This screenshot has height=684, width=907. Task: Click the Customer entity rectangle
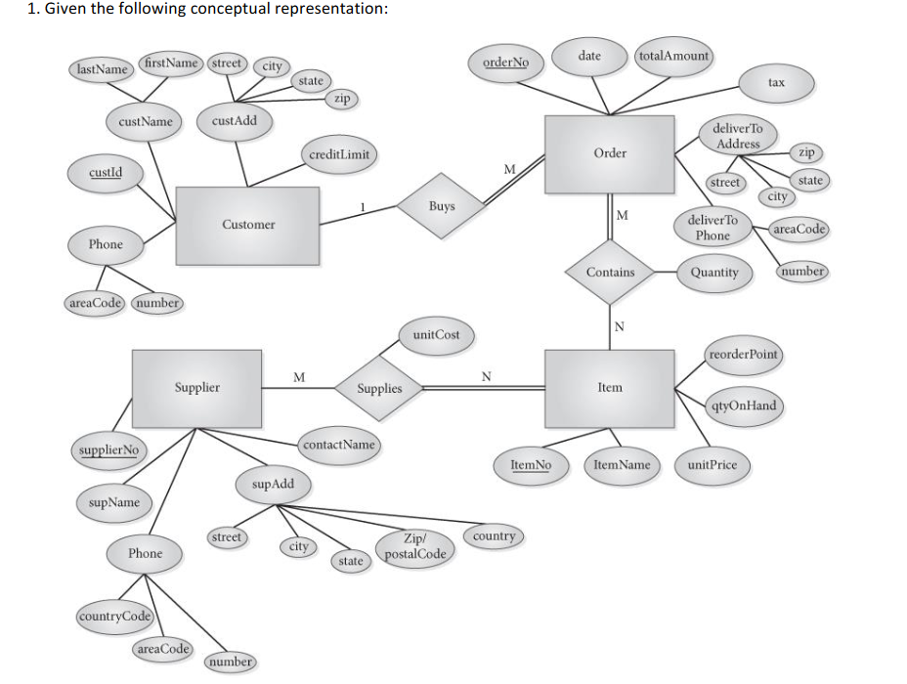point(248,225)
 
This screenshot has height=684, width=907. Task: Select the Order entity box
point(610,153)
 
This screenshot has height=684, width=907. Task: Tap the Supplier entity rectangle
point(197,387)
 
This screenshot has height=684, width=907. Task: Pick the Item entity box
point(610,387)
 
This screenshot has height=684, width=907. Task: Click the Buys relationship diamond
point(441,206)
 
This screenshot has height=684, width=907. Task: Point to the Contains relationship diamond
point(610,272)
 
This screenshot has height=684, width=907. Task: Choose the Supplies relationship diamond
point(379,388)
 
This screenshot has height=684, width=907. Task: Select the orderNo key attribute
point(505,63)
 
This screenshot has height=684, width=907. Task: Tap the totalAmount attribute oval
point(673,56)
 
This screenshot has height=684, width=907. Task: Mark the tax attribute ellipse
point(776,83)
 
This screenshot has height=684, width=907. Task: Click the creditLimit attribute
point(338,154)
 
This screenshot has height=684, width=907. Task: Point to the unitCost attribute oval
point(436,334)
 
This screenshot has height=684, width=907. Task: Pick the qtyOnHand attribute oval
point(745,406)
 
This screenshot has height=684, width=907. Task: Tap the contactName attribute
point(339,445)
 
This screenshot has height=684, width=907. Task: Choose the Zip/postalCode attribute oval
point(415,547)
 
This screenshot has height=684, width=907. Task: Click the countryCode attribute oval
point(114,616)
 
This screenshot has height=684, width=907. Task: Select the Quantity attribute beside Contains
point(714,272)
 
